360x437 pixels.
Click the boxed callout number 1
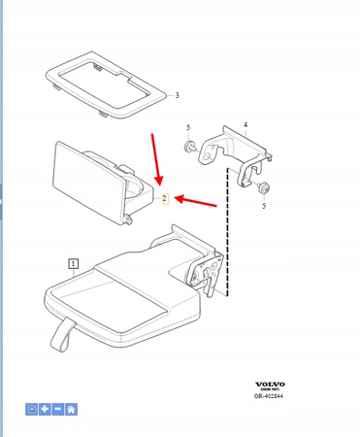coord(73,262)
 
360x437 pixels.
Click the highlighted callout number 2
coord(165,199)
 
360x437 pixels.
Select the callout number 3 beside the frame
coord(177,95)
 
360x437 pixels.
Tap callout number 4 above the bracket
coord(245,124)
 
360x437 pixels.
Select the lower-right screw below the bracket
coord(264,186)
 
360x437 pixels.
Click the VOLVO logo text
coord(269,386)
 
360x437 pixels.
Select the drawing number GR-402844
coord(269,396)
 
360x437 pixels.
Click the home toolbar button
coord(72,410)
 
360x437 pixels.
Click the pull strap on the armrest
coord(58,335)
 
